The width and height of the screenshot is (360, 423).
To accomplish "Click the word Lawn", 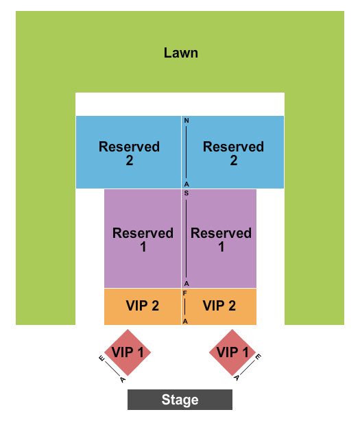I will coord(180,53).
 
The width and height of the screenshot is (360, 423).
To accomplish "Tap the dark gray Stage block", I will coord(180,400).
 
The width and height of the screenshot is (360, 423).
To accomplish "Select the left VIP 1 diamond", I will coord(126,352).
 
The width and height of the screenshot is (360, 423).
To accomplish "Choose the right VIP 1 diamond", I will coord(232,352).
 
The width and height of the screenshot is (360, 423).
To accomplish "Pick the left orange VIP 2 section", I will coord(142,306).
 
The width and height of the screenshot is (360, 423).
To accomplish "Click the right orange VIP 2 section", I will coord(219,306).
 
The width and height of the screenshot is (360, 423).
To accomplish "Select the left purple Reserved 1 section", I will coord(143,239).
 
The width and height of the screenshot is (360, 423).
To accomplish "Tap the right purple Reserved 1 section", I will coord(221,239).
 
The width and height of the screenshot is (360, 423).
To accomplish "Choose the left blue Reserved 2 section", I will coord(129,153).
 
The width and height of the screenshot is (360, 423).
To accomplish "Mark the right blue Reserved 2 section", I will coord(233,153).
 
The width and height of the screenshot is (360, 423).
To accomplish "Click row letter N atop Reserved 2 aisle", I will coord(186,121).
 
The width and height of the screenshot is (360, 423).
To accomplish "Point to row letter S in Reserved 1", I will coord(186,194).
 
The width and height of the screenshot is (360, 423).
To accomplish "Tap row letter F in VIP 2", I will coord(185,293).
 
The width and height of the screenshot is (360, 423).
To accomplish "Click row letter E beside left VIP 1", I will coord(101,359).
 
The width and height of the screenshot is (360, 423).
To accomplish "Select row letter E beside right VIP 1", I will coord(258,358).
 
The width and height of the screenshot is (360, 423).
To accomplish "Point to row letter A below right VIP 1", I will coord(237,378).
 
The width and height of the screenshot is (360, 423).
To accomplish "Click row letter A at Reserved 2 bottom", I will coord(186,184).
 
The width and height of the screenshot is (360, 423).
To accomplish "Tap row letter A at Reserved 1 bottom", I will coord(186,283).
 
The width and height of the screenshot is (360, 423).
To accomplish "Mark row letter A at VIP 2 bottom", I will coord(185,320).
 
